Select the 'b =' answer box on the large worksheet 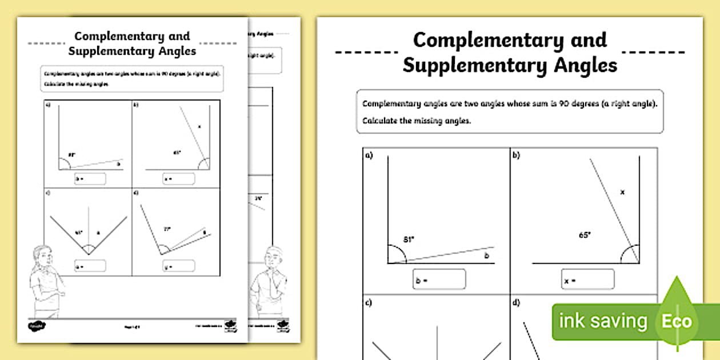point(439,279)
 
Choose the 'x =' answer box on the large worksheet point(587,279)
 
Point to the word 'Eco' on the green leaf point(677,322)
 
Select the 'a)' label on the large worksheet point(369,155)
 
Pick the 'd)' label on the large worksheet point(517,303)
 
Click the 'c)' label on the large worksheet point(369,303)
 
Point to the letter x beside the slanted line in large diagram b point(622,192)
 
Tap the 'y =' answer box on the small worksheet point(178,266)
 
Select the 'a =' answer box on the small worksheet point(90,266)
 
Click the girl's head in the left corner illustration point(40,255)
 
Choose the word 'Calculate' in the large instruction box point(381,121)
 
